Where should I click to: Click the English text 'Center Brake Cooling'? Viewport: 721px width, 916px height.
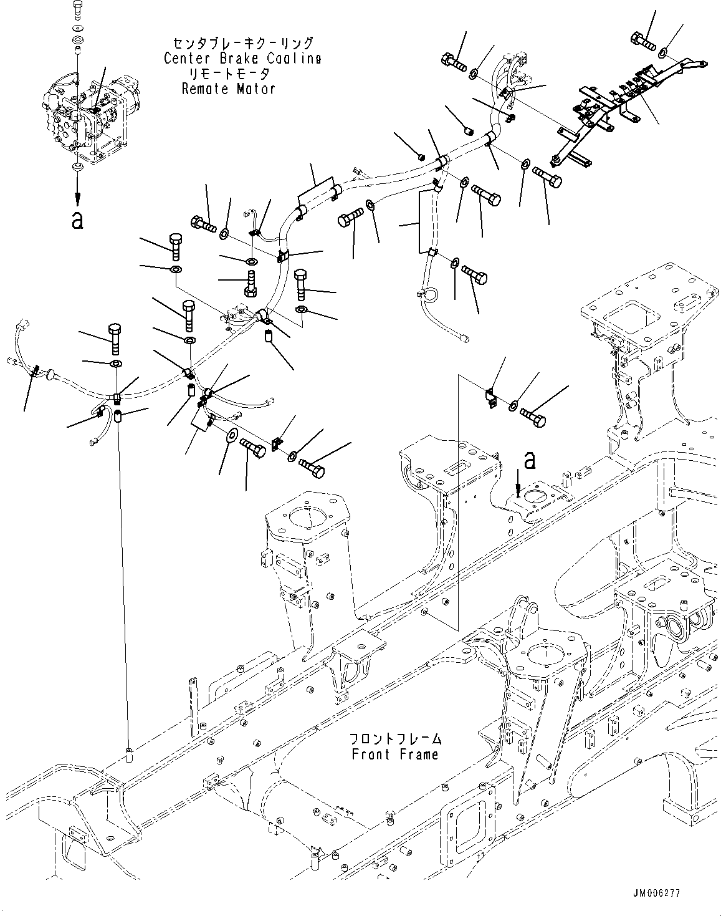(243, 59)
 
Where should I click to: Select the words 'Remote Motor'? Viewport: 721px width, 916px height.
(229, 89)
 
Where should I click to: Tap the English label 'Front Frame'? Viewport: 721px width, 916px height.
(395, 754)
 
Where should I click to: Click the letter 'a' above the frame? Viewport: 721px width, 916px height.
(530, 460)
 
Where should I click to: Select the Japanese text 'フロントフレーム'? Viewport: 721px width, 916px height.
(395, 740)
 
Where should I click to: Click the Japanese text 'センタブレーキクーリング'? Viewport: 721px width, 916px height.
(243, 44)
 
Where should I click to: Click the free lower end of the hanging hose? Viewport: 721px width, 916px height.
(464, 339)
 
